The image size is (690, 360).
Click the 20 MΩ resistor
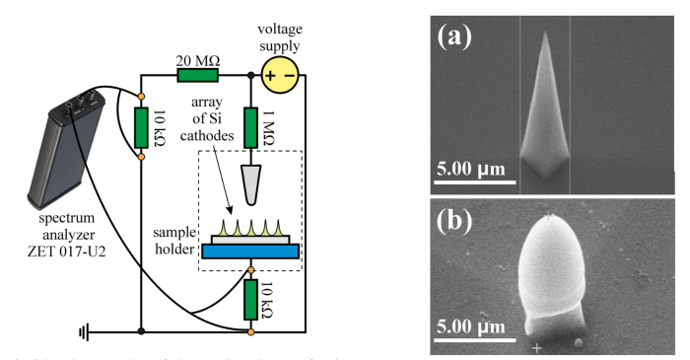[197, 74]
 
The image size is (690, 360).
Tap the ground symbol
[86, 331]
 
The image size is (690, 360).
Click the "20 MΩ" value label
[196, 57]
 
